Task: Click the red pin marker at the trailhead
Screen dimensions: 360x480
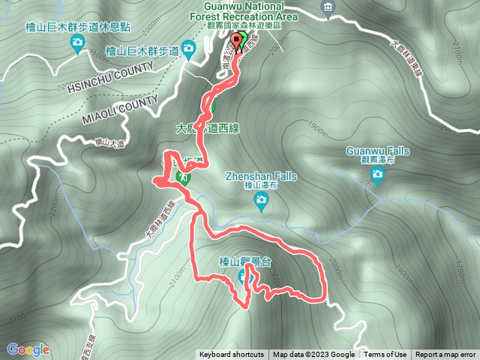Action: [x=237, y=40]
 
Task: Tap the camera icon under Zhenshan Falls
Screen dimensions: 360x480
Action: [x=261, y=199]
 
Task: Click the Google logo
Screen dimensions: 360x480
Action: [x=28, y=349]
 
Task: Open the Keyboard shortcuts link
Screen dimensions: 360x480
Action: [x=232, y=355]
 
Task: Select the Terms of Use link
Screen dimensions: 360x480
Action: [x=385, y=355]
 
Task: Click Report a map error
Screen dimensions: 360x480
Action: [x=445, y=355]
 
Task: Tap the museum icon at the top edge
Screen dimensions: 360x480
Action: [x=328, y=7]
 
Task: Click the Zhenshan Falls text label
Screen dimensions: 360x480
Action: [x=261, y=177]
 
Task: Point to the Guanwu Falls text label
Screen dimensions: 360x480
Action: [x=378, y=151]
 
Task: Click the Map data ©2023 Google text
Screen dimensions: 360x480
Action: [x=313, y=355]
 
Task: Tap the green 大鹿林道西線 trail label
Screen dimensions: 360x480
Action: [x=208, y=127]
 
